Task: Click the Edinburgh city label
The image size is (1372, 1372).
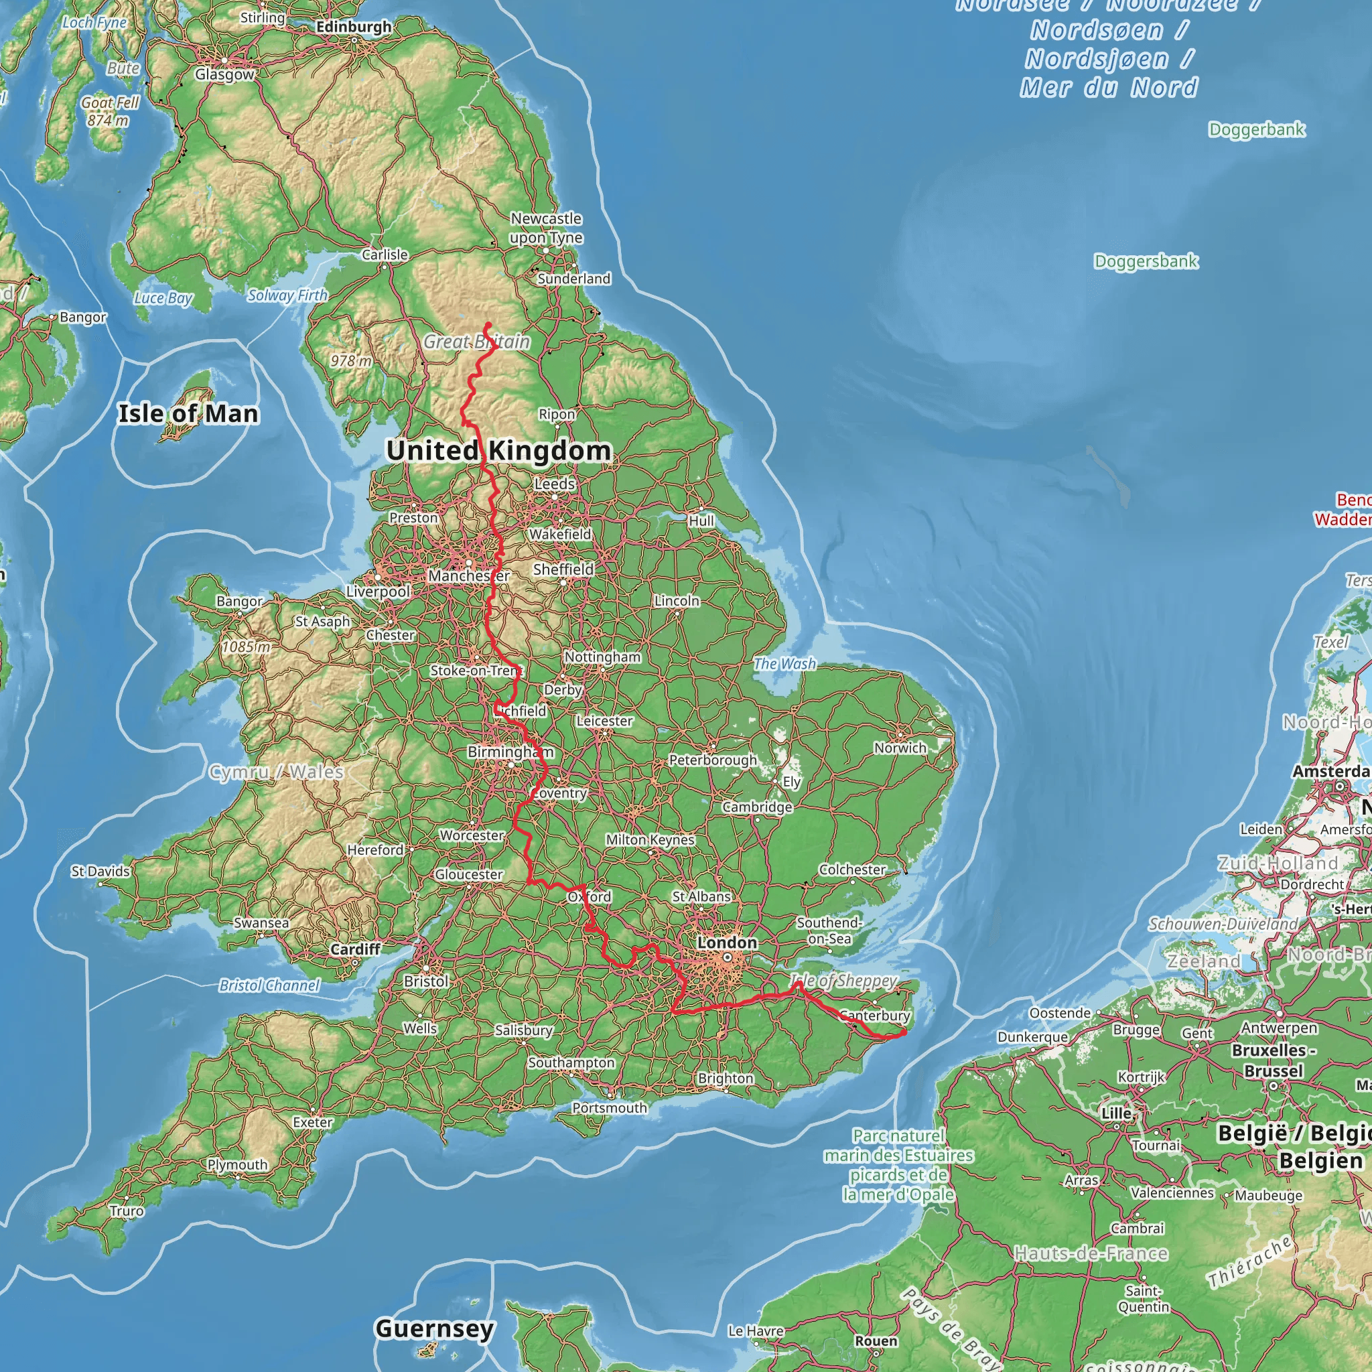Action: (x=354, y=27)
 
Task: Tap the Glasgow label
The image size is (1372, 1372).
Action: (x=224, y=74)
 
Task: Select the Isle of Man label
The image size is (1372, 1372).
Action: (x=188, y=413)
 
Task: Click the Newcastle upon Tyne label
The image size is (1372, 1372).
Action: (x=546, y=228)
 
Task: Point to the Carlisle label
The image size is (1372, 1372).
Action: (x=385, y=254)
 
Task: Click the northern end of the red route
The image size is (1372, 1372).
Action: (x=488, y=325)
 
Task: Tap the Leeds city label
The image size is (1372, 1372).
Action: (x=555, y=484)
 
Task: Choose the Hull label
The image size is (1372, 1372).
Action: (x=701, y=521)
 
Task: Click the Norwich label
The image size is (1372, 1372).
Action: (x=900, y=748)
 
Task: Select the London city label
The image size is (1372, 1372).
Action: (x=726, y=943)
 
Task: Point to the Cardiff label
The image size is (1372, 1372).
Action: (x=355, y=949)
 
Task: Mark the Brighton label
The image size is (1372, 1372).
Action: (x=725, y=1078)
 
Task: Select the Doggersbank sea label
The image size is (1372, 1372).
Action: (x=1146, y=261)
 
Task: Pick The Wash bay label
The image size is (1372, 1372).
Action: (x=784, y=663)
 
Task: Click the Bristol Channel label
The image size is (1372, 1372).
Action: (x=269, y=985)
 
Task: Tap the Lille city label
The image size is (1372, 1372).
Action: (x=1115, y=1113)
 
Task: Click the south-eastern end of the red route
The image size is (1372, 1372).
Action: (x=903, y=1033)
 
